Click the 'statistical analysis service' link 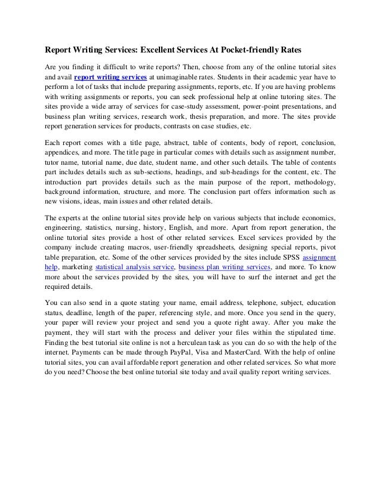133,267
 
